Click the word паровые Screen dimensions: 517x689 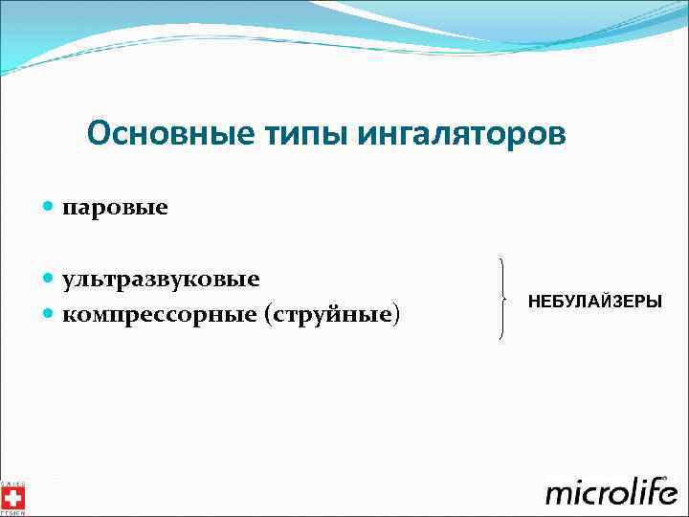tap(115, 207)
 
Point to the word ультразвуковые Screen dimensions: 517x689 tap(161, 280)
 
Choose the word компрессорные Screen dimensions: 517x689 tap(160, 314)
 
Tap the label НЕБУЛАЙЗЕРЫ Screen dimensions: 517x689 tap(594, 302)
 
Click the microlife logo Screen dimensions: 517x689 tap(611, 491)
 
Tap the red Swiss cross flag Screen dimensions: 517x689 tap(13, 495)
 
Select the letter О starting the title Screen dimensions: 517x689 tap(97, 133)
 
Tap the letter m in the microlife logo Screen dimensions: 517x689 tap(561, 495)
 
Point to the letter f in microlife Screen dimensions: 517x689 tap(646, 490)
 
